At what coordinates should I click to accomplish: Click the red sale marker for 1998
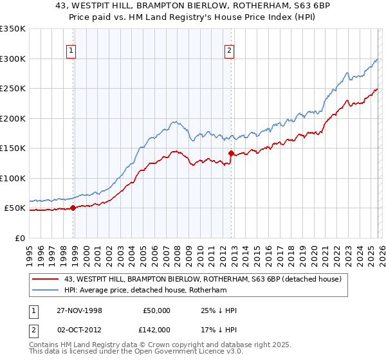(73, 208)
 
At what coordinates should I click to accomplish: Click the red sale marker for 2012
(230, 154)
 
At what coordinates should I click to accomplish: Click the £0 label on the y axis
(19, 238)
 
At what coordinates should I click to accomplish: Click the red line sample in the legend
(46, 279)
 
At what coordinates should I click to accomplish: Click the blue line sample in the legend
(46, 290)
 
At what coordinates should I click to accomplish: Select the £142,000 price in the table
(156, 328)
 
